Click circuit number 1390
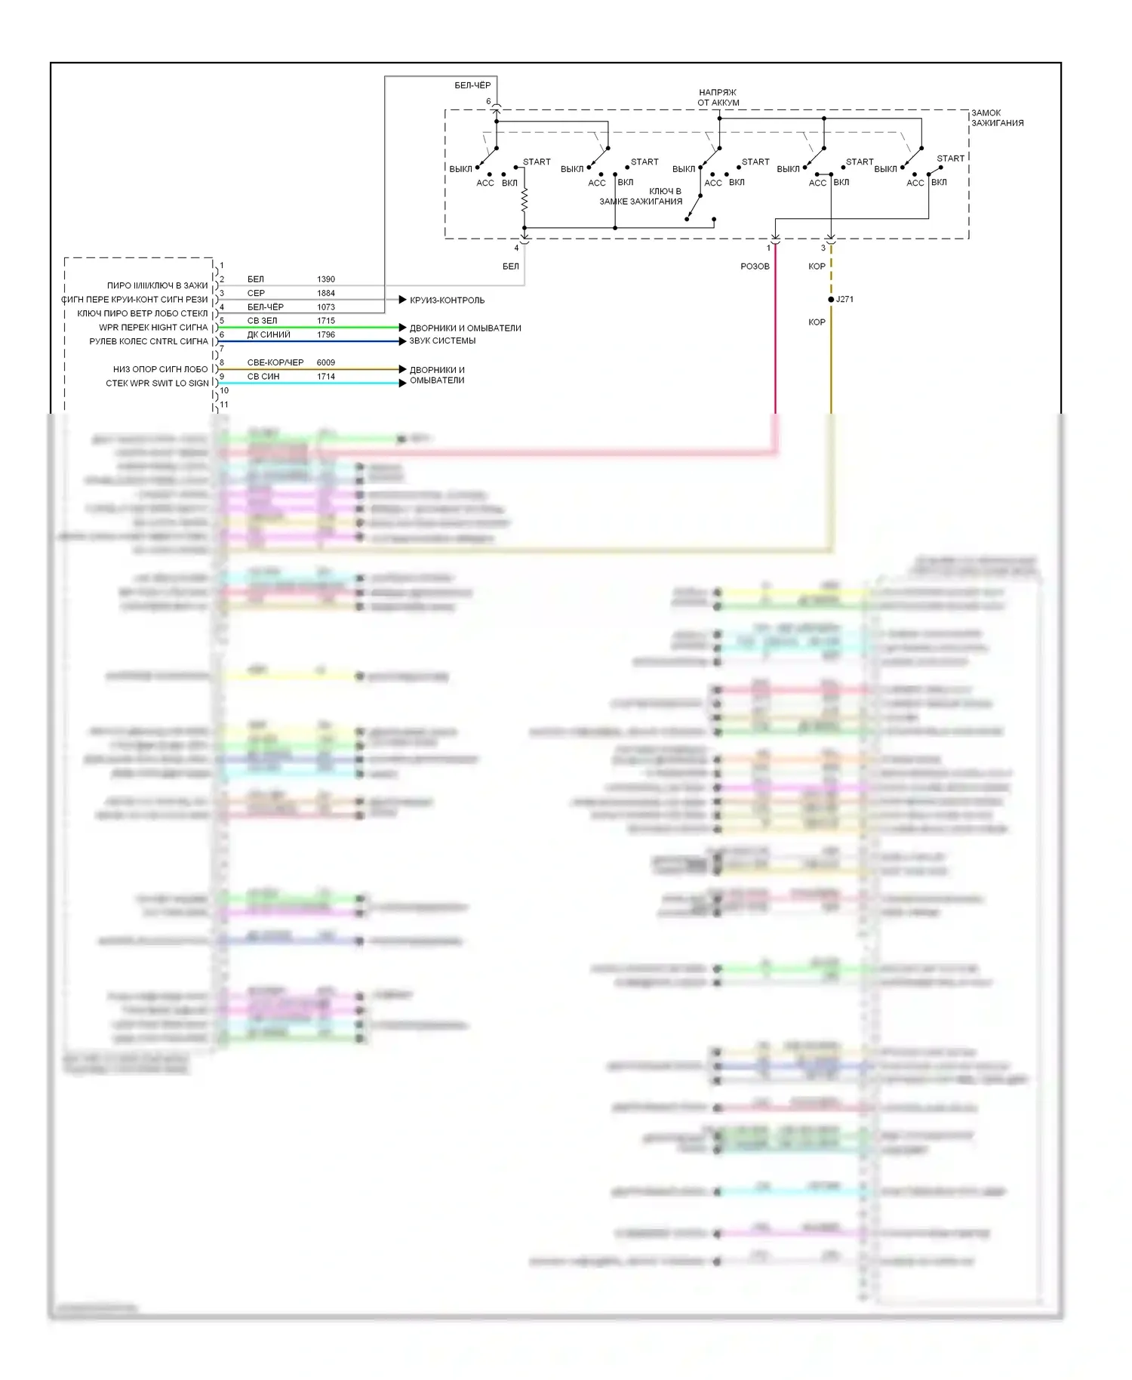[326, 279]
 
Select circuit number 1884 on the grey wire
[326, 293]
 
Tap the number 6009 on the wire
[326, 362]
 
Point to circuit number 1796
[326, 334]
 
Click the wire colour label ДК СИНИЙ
[269, 334]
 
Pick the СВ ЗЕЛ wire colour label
[262, 321]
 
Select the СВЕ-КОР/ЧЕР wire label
[275, 362]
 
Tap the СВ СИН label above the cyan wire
[263, 376]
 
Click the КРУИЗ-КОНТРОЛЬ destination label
[447, 300]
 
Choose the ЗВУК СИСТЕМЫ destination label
[442, 341]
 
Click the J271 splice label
[845, 300]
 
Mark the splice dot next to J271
[831, 300]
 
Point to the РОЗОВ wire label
[755, 266]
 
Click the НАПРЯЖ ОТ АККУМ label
[718, 97]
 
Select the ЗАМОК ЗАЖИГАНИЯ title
[997, 118]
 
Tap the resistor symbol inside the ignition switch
[524, 200]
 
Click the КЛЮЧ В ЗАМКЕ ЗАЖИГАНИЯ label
[641, 196]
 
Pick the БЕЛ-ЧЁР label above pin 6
[472, 85]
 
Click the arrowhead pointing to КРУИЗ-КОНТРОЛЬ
[402, 300]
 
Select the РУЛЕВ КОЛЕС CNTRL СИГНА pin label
[149, 341]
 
